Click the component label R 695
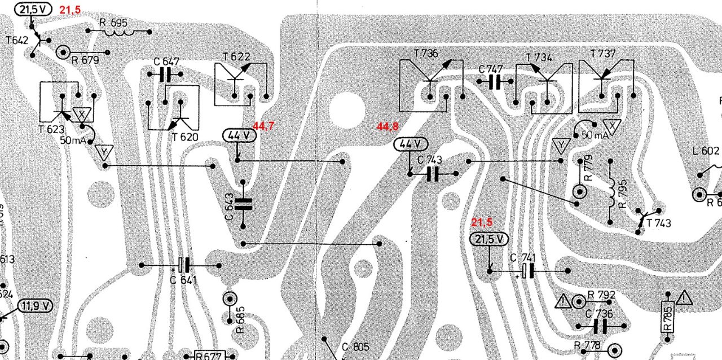(113, 23)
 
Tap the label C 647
(166, 62)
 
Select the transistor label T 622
(236, 56)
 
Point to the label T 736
(425, 53)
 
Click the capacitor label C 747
(490, 69)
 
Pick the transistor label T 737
(603, 54)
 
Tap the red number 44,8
(388, 128)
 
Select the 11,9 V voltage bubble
(36, 306)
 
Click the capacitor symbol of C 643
(243, 204)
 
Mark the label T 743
(659, 223)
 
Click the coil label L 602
(706, 151)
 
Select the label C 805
(355, 347)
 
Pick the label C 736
(598, 314)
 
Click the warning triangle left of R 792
(563, 301)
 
